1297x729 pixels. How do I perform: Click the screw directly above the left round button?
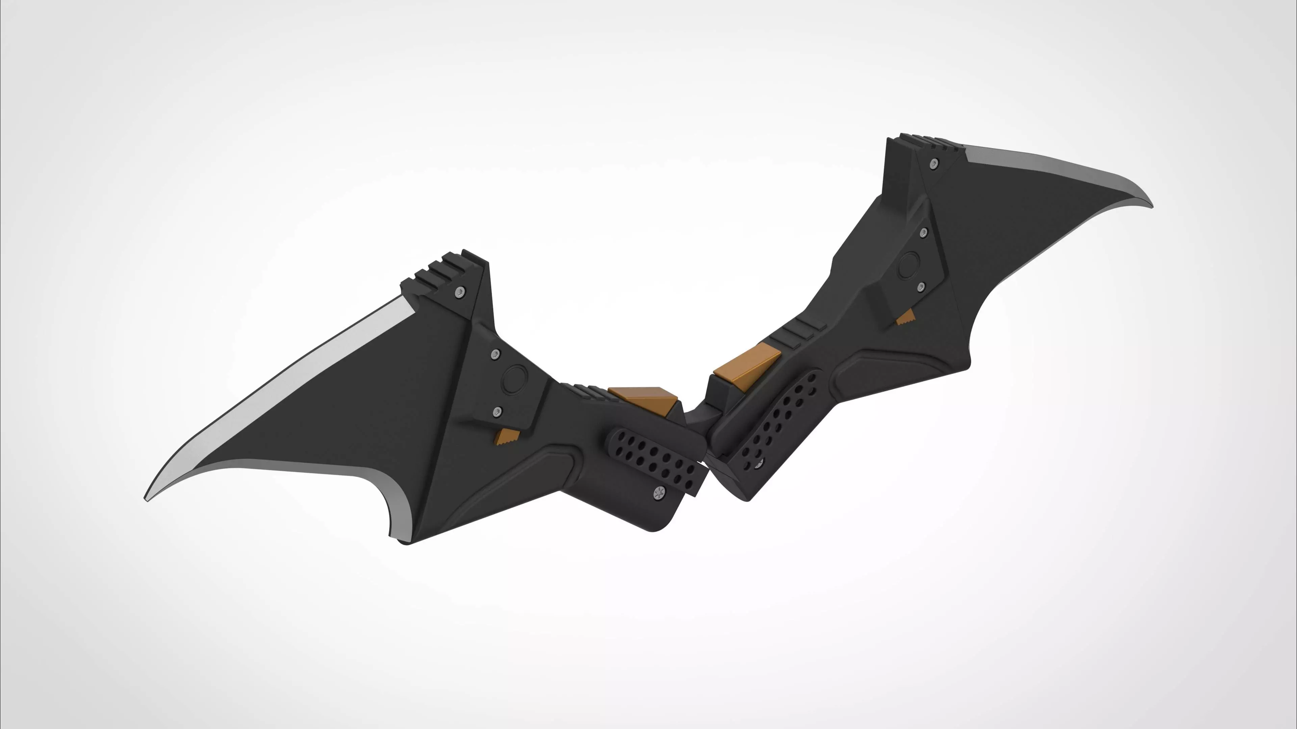[x=495, y=355]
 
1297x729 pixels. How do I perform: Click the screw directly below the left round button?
[x=498, y=412]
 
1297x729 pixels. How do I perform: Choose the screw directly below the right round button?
[x=921, y=287]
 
